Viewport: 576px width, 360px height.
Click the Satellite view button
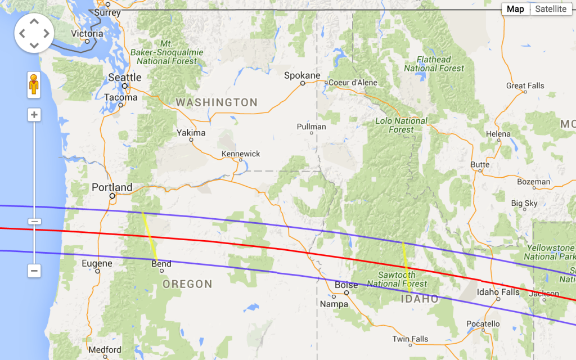(x=551, y=9)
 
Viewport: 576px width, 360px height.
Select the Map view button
(x=515, y=9)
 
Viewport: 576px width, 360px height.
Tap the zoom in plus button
(x=34, y=115)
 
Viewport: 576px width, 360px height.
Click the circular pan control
(x=34, y=33)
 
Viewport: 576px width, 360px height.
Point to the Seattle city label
(x=125, y=77)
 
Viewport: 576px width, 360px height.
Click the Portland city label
(x=112, y=187)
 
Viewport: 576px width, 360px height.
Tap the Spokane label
(x=302, y=75)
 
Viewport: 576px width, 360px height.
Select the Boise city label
(x=346, y=285)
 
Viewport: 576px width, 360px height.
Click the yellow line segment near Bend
(x=149, y=236)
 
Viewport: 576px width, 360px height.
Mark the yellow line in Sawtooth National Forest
(x=406, y=264)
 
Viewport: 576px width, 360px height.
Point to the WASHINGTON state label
(x=217, y=102)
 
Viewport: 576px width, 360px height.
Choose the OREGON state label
(x=187, y=284)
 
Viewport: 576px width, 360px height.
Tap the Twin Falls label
(x=410, y=339)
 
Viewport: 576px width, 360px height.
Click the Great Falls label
(x=525, y=86)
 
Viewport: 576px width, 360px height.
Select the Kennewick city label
(x=241, y=154)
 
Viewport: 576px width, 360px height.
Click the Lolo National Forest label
(x=402, y=125)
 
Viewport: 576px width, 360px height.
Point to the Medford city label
(x=105, y=349)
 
